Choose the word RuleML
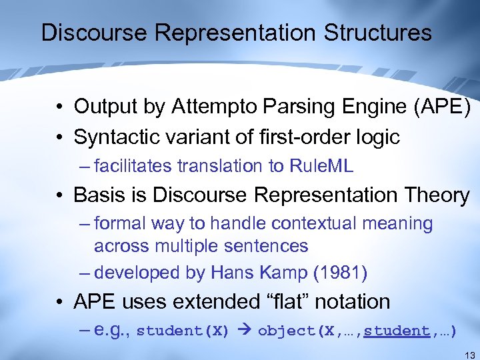pyautogui.click(x=321, y=166)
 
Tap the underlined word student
pyautogui.click(x=401, y=331)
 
